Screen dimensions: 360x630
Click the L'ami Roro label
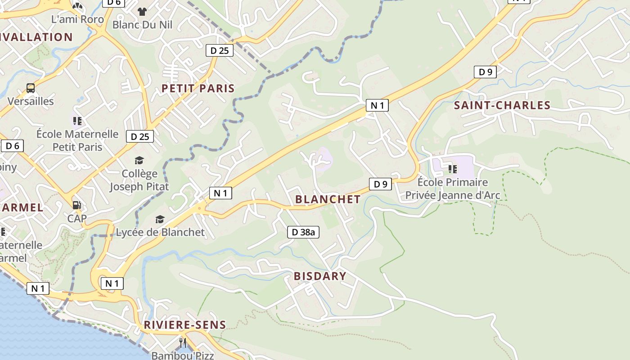(x=77, y=19)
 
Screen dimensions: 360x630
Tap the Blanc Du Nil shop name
(x=142, y=24)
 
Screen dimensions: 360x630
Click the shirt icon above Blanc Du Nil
(x=142, y=11)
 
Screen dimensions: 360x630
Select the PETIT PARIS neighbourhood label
(x=198, y=88)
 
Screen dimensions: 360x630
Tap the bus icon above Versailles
(x=31, y=88)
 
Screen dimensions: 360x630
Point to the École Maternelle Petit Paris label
(x=77, y=140)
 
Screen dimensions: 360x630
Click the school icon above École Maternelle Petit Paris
(x=77, y=121)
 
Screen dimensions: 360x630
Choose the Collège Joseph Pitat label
(x=139, y=180)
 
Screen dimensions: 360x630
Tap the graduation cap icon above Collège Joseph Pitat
(x=139, y=161)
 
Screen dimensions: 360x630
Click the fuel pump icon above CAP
(x=77, y=205)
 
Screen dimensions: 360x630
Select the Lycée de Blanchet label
(x=160, y=232)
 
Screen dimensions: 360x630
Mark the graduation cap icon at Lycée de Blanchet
(x=160, y=219)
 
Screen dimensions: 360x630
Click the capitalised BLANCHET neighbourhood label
(x=328, y=199)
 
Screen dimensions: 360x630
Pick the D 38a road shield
(x=303, y=232)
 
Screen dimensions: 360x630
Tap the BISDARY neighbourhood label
(x=320, y=276)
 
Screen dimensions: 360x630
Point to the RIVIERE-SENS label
(x=184, y=324)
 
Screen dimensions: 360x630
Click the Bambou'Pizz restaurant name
(x=183, y=355)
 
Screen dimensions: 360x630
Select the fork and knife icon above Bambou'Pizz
(x=183, y=342)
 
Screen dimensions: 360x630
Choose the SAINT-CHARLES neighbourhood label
(x=502, y=105)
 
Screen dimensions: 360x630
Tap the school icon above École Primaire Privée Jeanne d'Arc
(x=453, y=169)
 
